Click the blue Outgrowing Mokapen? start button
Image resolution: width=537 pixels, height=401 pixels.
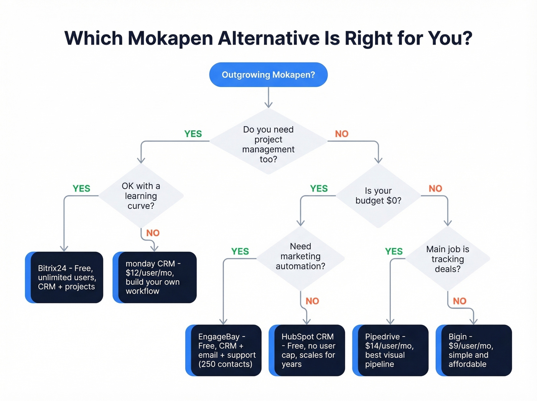pos(268,74)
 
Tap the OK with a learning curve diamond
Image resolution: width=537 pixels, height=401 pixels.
pos(141,196)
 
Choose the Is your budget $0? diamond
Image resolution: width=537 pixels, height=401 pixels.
pos(378,196)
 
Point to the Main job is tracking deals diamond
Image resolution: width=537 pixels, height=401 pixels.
pos(448,259)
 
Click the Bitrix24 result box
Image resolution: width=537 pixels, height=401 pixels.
pos(64,277)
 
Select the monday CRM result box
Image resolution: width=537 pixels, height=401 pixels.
pos(155,277)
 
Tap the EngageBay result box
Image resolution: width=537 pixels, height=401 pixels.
pos(224,350)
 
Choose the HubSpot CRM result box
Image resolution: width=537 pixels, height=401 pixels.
pos(307,350)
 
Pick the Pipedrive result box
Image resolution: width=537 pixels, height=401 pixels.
pos(390,350)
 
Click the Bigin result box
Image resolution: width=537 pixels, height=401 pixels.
pos(474,350)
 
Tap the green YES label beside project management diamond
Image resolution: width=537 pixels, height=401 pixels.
pos(193,134)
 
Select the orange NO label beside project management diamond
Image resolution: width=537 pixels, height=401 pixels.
pos(342,134)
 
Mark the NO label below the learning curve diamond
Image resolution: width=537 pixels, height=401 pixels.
pos(153,233)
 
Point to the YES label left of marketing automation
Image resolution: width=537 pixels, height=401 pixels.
pos(240,251)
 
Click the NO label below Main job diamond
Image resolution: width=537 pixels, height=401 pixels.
pos(460,301)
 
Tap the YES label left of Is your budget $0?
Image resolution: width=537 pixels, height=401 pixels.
pos(319,188)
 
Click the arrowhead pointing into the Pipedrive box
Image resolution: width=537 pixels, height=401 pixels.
pos(390,322)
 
